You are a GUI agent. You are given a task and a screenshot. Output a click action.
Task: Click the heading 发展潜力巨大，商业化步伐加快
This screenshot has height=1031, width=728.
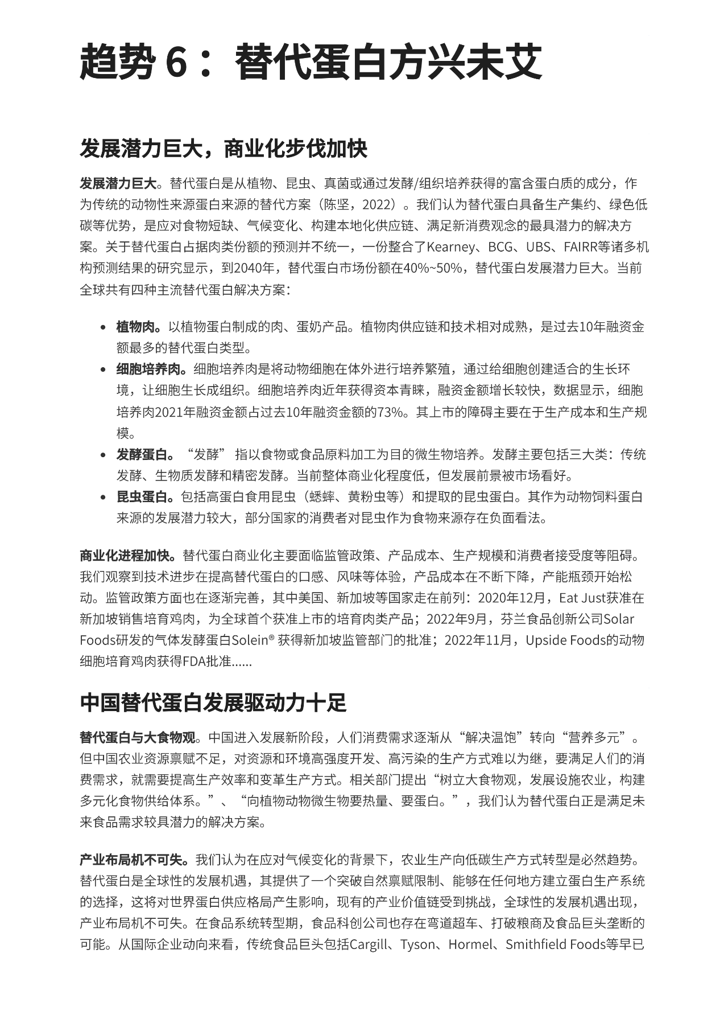(x=224, y=149)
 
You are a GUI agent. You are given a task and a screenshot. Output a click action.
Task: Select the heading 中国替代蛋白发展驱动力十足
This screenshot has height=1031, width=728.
(x=213, y=703)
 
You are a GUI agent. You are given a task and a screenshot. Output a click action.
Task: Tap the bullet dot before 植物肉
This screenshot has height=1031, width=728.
(x=103, y=327)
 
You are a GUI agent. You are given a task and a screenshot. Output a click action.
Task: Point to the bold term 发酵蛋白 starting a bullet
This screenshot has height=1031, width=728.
(x=144, y=454)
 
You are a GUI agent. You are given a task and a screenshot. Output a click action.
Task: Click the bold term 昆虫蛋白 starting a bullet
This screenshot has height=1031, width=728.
(x=144, y=497)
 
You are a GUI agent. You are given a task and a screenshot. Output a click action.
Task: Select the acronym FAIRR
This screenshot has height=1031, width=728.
(x=581, y=247)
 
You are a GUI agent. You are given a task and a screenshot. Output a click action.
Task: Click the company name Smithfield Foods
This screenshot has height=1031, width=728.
(x=555, y=944)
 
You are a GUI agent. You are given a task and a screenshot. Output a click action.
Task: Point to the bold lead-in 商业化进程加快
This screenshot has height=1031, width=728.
(x=129, y=556)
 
